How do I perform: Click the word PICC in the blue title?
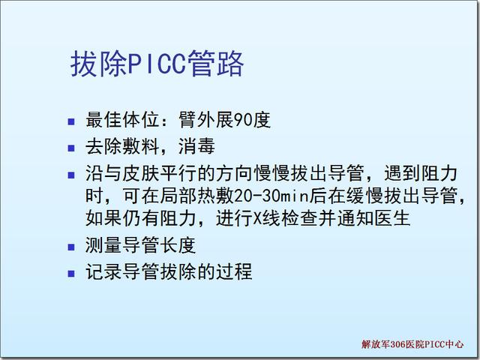157,64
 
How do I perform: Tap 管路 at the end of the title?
215,64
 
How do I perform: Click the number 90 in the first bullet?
243,119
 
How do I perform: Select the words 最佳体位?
123,119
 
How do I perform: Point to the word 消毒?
196,146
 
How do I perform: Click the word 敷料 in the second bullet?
141,146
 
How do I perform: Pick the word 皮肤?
141,173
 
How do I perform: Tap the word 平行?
178,173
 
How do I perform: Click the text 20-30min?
271,196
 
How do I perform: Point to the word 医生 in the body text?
392,218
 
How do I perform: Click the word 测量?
103,245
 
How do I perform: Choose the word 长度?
178,245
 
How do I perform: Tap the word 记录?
103,271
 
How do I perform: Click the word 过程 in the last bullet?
234,271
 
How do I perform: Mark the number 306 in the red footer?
397,344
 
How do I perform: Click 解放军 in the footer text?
376,344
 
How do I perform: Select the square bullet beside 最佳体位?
71,121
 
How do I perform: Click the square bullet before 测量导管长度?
71,247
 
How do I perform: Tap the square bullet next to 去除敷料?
71,148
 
